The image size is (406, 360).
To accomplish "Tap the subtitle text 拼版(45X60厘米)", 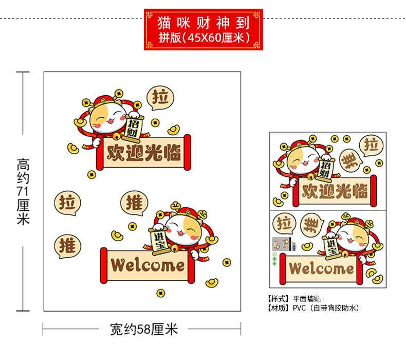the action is point(204,38).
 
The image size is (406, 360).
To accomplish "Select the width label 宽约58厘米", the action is point(143,329).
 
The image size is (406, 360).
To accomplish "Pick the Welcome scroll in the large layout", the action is point(148,265).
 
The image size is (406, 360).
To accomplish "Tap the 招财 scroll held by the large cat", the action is point(134,125).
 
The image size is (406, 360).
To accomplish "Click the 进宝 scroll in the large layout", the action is point(160,240).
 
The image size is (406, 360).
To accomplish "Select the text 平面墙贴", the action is point(308,299).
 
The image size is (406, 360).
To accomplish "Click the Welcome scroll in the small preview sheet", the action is point(321,268).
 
